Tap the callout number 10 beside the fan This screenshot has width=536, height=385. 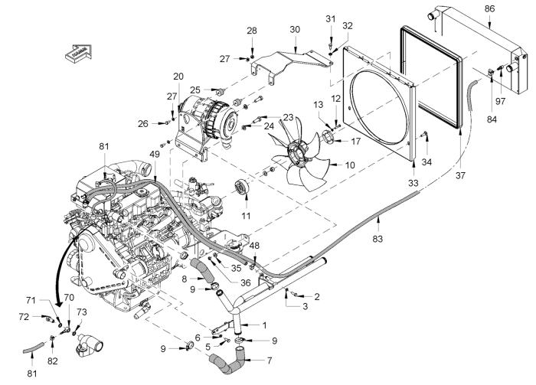click(350, 165)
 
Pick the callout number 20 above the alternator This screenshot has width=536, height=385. click(178, 76)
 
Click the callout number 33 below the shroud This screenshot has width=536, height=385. click(413, 184)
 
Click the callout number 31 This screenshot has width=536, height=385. click(330, 18)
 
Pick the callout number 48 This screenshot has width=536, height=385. click(254, 246)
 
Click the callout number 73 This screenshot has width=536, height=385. click(82, 312)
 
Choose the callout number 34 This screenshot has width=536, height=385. click(427, 162)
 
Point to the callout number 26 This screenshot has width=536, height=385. click(143, 123)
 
